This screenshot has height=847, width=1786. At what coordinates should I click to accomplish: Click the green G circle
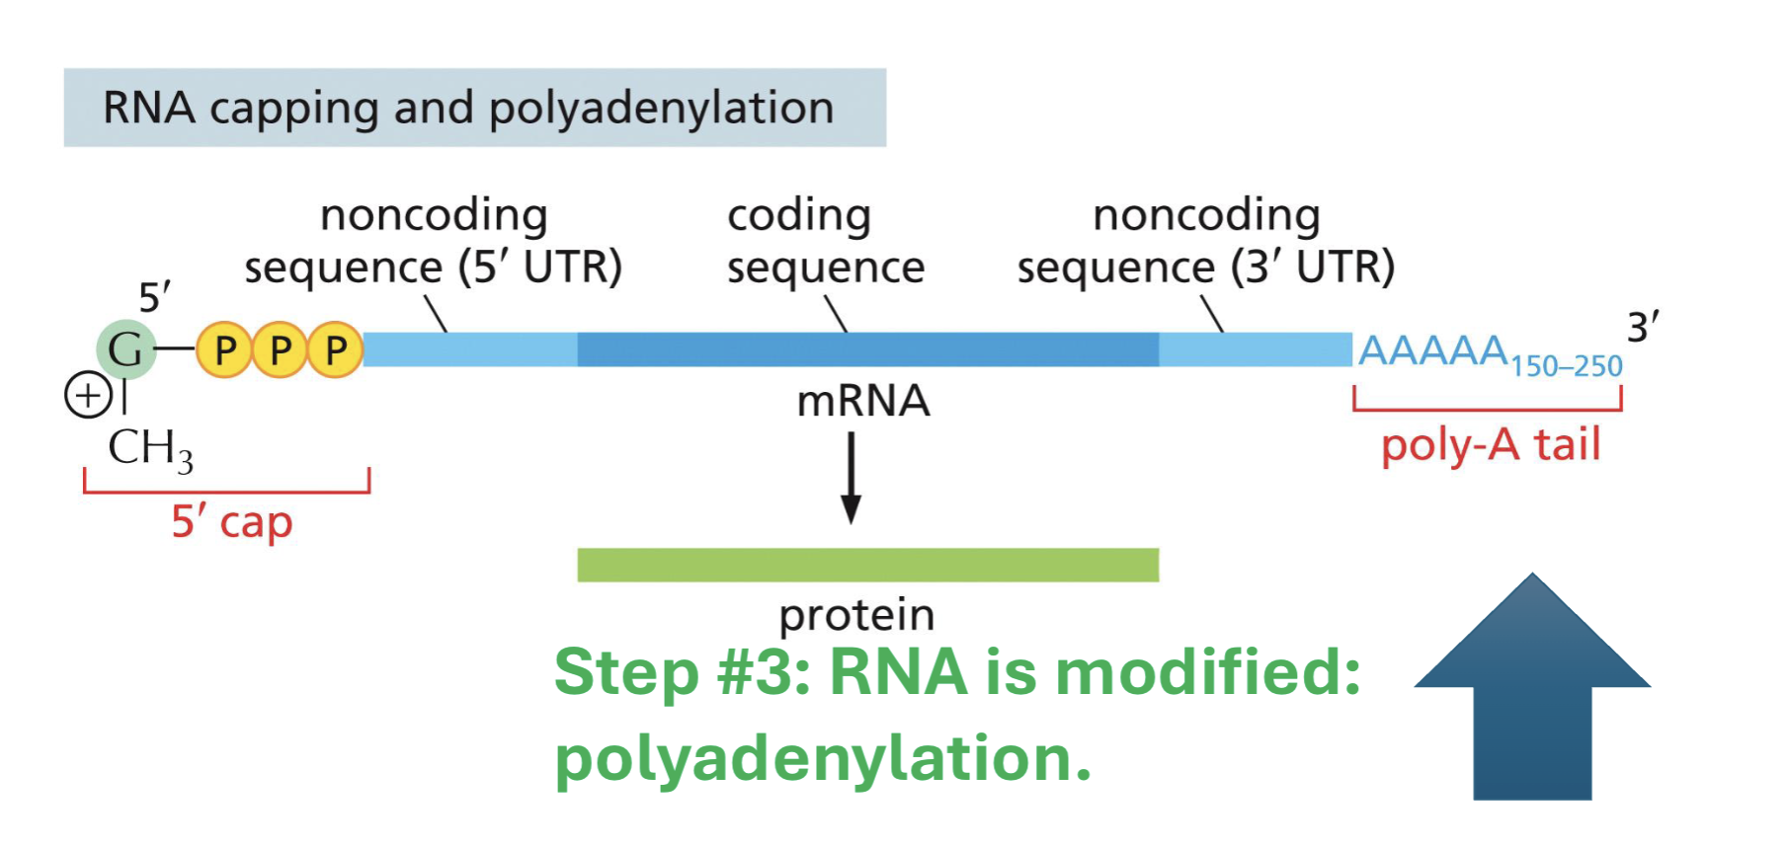pos(125,349)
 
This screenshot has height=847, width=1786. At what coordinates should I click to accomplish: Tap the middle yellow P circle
pos(281,350)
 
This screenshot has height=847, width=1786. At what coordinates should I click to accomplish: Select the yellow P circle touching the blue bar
pos(336,350)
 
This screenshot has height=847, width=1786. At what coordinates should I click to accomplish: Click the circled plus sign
pos(88,396)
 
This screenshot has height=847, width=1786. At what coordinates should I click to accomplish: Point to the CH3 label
pos(149,449)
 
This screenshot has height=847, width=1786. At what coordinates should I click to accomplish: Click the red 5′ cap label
pos(232,522)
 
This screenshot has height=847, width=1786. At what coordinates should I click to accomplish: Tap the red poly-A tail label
pos(1490,445)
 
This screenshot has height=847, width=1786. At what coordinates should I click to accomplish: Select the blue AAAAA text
pos(1432,350)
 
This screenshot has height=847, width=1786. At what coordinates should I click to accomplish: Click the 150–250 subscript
pos(1566,367)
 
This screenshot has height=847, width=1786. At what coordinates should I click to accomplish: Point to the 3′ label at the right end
pos(1643,327)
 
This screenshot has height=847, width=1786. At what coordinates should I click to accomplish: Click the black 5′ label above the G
pos(154,297)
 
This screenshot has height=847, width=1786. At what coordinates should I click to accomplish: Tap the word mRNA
pos(863,402)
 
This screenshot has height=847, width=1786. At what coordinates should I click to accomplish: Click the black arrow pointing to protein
pos(851,478)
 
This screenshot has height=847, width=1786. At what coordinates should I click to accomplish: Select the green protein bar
pos(867,565)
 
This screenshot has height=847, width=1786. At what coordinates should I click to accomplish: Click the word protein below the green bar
pos(856,615)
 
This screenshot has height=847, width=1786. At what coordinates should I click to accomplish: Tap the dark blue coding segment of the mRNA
pos(867,349)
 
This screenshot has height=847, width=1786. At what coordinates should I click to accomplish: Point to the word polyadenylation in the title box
pos(661,108)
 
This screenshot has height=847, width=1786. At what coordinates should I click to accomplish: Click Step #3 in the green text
pos(682,673)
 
